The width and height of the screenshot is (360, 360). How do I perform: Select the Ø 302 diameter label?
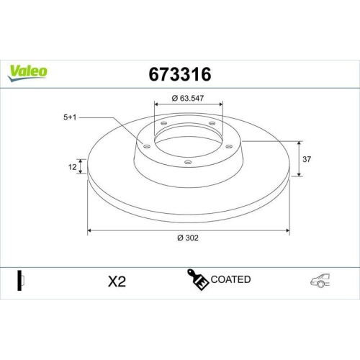click(189, 239)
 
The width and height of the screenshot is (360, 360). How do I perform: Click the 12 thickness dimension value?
click(71, 167)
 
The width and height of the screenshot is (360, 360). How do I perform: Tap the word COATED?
click(231, 279)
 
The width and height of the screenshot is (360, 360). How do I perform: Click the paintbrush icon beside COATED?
click(199, 279)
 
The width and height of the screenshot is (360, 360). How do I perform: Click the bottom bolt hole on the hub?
click(189, 163)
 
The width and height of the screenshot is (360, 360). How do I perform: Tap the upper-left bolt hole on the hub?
click(163, 123)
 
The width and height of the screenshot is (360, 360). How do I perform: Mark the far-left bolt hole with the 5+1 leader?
click(147, 146)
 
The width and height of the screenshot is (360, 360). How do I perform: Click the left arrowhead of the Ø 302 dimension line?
click(90, 230)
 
